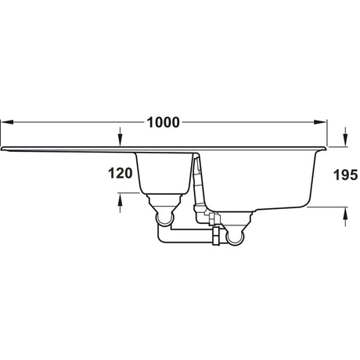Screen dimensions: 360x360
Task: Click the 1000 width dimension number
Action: click(x=163, y=122)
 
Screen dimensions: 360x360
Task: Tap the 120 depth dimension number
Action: click(x=119, y=173)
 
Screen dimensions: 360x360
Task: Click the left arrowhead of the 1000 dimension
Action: click(x=4, y=122)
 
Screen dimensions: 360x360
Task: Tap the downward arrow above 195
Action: click(x=345, y=140)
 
